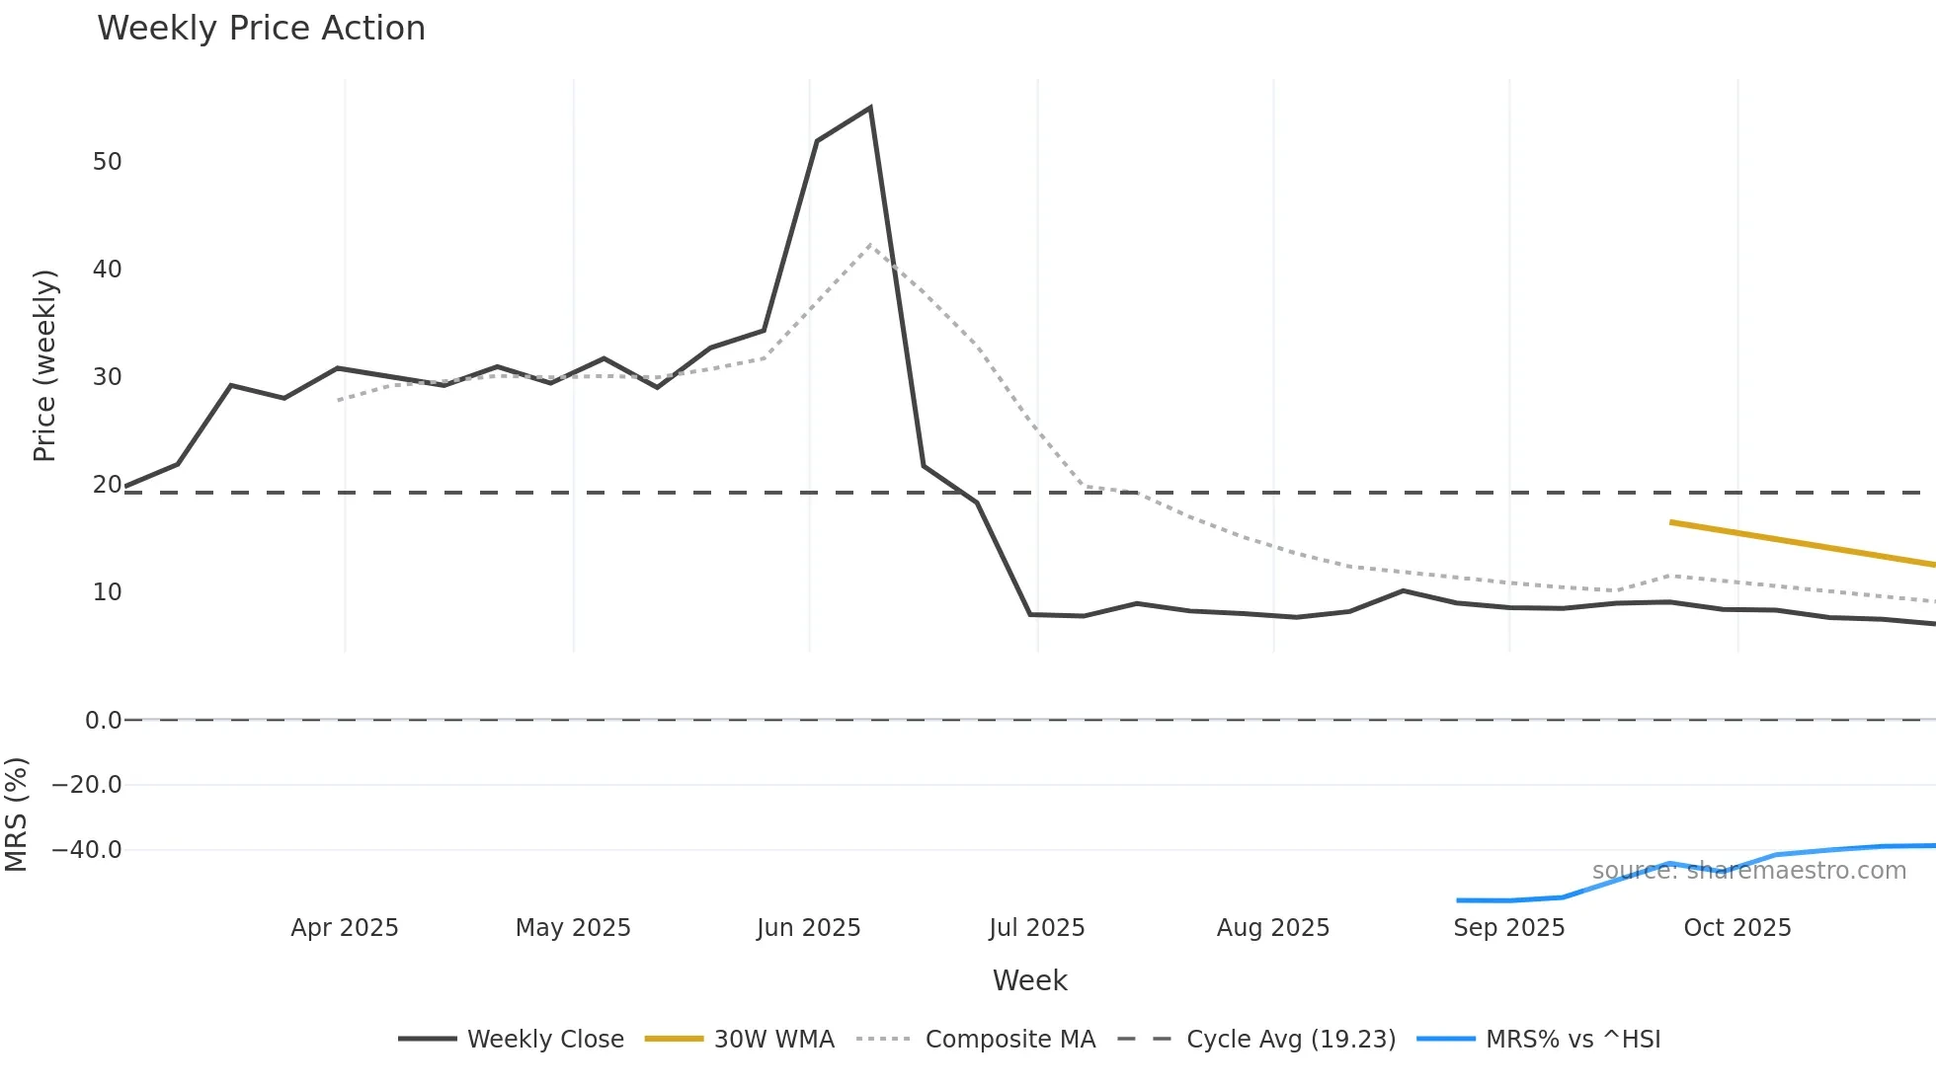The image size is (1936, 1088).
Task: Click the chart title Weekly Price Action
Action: (x=261, y=29)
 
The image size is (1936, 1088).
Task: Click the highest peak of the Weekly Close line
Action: (x=869, y=108)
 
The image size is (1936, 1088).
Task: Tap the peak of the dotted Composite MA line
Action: (x=869, y=245)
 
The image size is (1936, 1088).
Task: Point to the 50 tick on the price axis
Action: (x=107, y=162)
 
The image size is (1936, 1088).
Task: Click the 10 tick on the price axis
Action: (x=107, y=592)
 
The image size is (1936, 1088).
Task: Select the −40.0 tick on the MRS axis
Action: (x=87, y=850)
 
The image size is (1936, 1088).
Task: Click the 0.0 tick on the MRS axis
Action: (x=103, y=721)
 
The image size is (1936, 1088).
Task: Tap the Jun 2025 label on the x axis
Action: (x=808, y=928)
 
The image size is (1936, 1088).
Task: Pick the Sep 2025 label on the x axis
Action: (x=1508, y=928)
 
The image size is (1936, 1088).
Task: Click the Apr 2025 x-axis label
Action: (x=344, y=928)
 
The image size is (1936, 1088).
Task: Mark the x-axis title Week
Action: (x=1029, y=980)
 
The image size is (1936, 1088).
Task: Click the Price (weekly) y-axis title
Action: (x=44, y=365)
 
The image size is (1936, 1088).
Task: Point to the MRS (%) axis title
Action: (x=16, y=815)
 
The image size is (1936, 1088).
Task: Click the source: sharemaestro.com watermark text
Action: (x=1748, y=871)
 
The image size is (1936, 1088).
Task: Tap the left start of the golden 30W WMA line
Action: (x=1671, y=522)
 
